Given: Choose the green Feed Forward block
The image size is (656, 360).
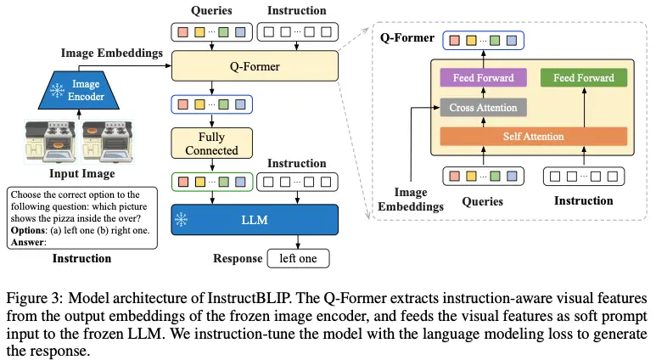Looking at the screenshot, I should pos(583,78).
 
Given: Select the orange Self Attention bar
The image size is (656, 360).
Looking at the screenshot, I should pos(533,137).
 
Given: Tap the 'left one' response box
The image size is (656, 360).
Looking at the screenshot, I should pos(297,259).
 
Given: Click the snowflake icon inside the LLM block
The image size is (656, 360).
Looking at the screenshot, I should pos(180,219).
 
